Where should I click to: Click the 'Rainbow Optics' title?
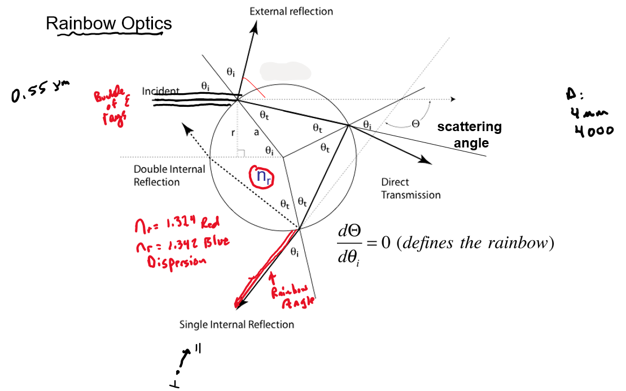coord(108,24)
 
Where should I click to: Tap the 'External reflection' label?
coord(291,11)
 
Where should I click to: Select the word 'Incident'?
coord(161,91)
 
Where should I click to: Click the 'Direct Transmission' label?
coord(410,189)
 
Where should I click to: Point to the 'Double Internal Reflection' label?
coord(169,175)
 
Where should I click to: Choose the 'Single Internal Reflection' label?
coord(237,324)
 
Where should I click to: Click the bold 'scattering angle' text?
coord(470,134)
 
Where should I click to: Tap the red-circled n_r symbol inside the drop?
coord(262,176)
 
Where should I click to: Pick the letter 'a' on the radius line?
coord(256,132)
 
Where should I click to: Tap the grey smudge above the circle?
coord(284,72)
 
